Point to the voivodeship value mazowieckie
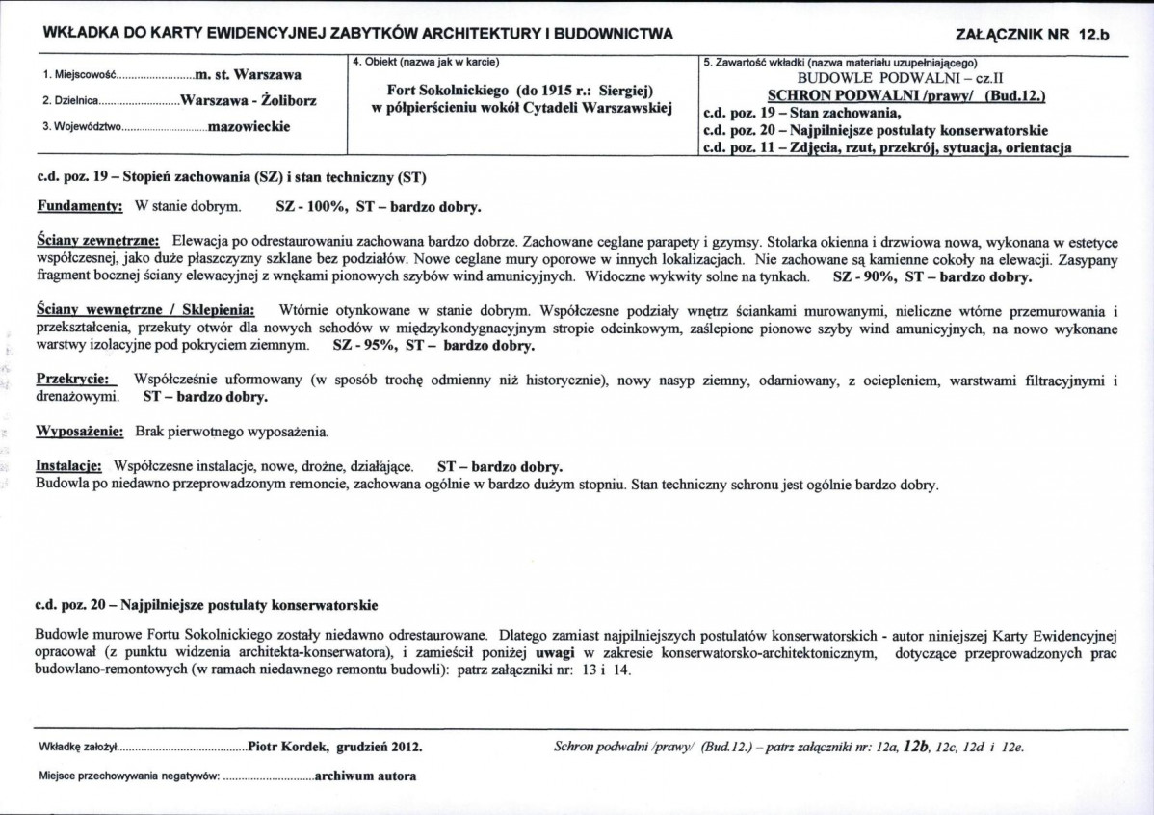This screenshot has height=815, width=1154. click(250, 126)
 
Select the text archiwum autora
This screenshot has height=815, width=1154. click(365, 776)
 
